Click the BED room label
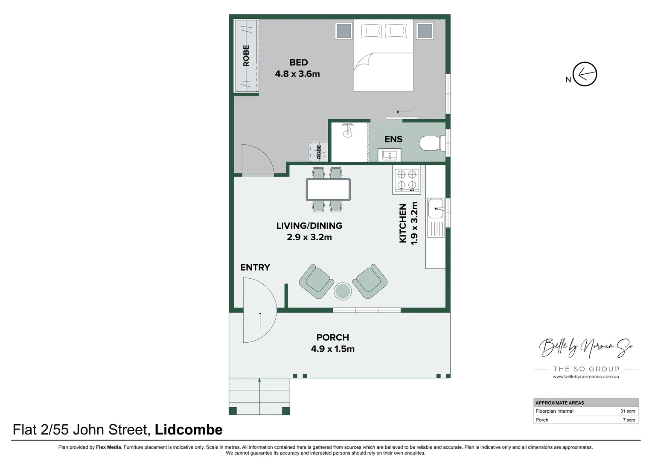point(298,63)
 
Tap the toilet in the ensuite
point(429,143)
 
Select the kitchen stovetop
point(407,180)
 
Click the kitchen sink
point(436,208)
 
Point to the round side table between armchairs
point(343,292)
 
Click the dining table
point(328,190)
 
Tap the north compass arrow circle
point(585,74)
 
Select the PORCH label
point(332,338)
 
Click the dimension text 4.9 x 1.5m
point(332,349)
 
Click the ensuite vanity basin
point(389,155)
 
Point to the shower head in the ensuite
point(348,130)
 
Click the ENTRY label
point(255,268)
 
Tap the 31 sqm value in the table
point(627,411)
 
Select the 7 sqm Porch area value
point(629,420)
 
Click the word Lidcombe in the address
point(188,430)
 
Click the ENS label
point(393,139)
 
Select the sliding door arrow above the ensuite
point(403,112)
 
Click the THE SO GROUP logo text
point(586,369)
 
